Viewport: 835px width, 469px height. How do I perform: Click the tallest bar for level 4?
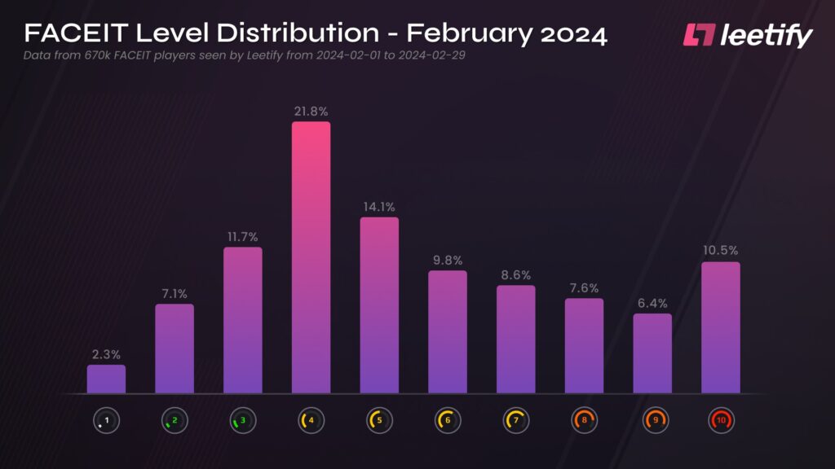coord(311,257)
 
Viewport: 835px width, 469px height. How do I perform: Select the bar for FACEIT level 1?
coord(106,379)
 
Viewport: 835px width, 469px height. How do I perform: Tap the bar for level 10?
coord(721,327)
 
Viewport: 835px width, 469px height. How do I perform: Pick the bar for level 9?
coord(652,353)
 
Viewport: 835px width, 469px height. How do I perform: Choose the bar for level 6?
coord(448,332)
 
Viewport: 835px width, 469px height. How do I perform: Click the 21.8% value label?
coord(311,110)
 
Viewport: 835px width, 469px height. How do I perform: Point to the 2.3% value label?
coord(106,354)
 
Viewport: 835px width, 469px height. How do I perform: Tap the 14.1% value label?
coord(379,207)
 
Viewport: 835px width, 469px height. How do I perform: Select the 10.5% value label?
coord(721,251)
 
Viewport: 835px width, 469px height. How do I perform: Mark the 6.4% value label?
coord(652,303)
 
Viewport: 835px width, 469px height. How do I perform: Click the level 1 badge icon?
coord(106,420)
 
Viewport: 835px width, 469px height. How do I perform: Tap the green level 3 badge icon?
coord(242,420)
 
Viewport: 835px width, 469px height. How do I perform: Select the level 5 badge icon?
coord(379,420)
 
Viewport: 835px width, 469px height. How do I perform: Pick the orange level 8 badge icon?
coord(584,420)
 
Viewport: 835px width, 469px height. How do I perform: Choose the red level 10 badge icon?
coord(721,420)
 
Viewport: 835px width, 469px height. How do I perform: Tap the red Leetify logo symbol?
coord(699,35)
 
